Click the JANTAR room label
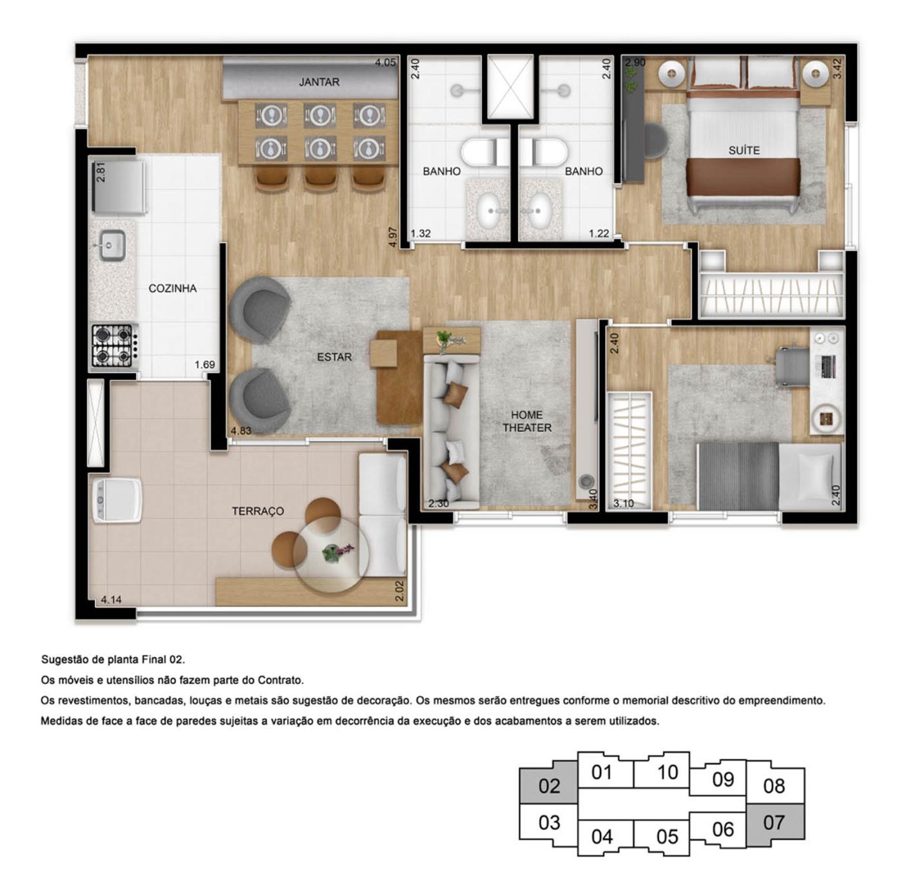point(319,82)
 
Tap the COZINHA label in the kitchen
point(172,288)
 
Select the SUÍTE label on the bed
point(744,150)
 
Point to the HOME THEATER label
point(526,421)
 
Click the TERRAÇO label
point(258,511)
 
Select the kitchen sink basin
point(113,246)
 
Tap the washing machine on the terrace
point(117,500)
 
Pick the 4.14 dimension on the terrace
point(111,600)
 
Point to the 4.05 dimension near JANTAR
point(385,63)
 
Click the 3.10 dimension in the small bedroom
point(623,503)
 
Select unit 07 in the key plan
point(774,823)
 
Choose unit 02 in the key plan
point(549,786)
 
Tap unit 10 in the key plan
point(667,772)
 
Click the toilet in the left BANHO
point(481,153)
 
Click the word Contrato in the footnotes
point(280,680)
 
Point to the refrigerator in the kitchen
point(118,187)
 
